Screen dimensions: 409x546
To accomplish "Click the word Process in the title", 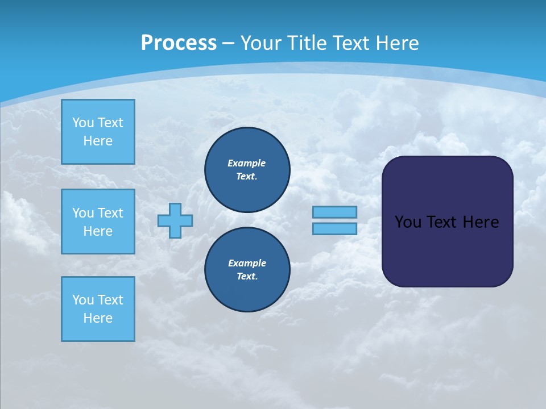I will point(179,43).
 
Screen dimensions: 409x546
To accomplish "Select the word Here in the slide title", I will point(396,43).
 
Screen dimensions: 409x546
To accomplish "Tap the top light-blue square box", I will point(98,132).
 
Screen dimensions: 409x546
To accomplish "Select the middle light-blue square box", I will point(98,222).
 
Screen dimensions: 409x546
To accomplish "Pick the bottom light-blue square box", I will point(98,309).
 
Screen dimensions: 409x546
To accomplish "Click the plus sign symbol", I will point(175,220).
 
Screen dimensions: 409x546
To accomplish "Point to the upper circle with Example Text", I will point(247,169).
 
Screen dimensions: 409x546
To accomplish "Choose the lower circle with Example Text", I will point(247,269).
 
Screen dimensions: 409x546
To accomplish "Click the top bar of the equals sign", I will point(334,212).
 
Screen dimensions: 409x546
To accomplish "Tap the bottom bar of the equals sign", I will point(334,228).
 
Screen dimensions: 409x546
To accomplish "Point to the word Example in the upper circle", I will point(247,163).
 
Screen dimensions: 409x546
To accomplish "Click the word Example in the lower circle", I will point(247,263).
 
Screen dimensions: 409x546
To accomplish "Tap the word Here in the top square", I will point(98,141).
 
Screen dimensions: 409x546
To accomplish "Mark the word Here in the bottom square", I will point(98,318).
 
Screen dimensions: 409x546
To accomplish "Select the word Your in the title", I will point(259,43).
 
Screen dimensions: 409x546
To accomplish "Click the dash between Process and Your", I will point(228,43).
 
